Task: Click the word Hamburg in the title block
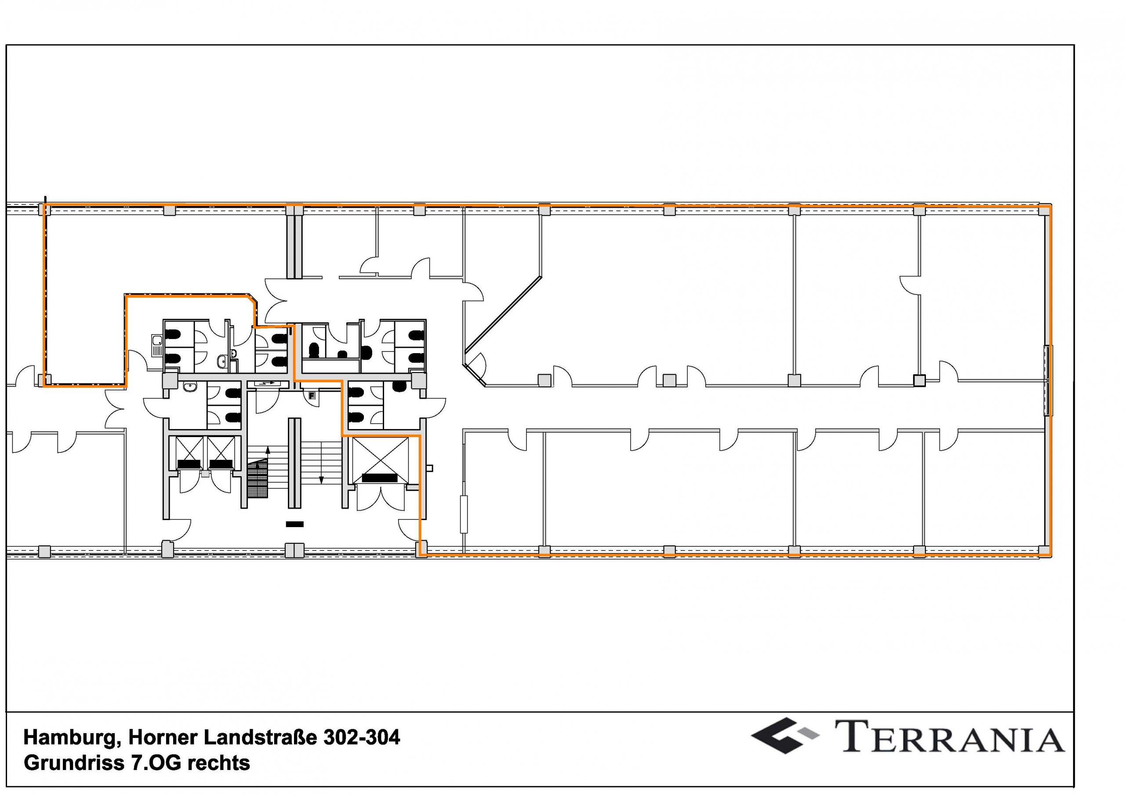click(x=69, y=738)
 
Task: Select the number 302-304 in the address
click(x=361, y=738)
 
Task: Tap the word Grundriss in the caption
click(x=73, y=763)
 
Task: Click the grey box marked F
click(x=311, y=395)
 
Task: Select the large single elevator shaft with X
click(x=380, y=459)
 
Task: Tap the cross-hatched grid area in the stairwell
click(x=258, y=480)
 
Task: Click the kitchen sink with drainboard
click(x=158, y=345)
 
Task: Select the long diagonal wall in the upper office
click(x=504, y=314)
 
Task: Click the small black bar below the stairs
click(x=294, y=524)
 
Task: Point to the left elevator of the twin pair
click(x=189, y=453)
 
